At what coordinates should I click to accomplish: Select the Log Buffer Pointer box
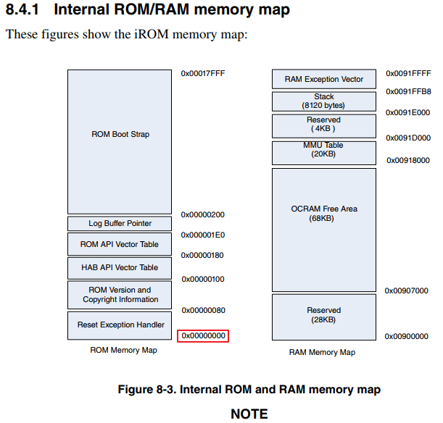click(120, 224)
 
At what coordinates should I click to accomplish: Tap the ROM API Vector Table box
click(120, 244)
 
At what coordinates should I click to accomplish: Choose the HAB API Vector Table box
click(120, 268)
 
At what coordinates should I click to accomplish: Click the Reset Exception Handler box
click(120, 325)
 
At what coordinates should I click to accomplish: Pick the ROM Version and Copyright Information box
click(120, 295)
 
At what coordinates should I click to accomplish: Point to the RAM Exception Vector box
click(324, 79)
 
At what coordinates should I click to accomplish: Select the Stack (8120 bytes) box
click(324, 101)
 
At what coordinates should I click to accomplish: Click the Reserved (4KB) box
click(324, 125)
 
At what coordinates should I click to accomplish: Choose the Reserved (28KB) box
click(324, 315)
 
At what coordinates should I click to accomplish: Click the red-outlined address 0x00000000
click(203, 336)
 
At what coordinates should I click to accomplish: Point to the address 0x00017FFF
click(204, 73)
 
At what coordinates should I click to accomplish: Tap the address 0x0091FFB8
click(409, 92)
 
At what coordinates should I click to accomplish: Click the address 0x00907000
click(407, 290)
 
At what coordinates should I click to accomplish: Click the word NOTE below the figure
click(249, 414)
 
